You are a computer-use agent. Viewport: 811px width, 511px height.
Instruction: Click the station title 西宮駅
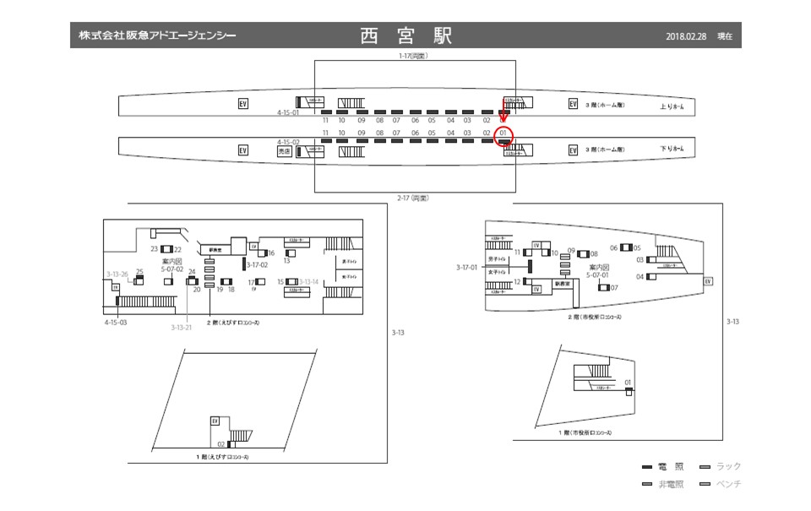405,35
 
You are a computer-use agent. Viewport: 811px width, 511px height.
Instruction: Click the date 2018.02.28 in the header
685,36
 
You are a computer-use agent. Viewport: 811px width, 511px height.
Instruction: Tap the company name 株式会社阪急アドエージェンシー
157,35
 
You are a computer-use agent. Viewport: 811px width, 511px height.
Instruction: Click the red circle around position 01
504,135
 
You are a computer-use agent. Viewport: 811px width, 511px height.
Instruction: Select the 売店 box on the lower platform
285,151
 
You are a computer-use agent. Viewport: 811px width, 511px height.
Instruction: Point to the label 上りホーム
672,106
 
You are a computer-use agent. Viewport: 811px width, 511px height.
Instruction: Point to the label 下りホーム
672,149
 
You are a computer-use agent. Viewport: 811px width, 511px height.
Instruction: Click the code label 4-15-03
116,323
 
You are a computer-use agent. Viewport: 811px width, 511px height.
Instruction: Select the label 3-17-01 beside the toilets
466,267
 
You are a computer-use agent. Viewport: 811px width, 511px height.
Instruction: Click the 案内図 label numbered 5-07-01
600,271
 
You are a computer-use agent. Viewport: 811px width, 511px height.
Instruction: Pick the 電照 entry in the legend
665,466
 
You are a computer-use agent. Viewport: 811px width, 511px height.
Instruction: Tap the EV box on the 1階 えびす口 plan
215,421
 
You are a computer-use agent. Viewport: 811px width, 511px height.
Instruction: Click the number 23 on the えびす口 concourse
155,249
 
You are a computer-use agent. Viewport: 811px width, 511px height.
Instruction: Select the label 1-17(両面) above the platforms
414,56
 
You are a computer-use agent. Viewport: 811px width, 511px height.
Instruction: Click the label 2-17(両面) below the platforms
414,198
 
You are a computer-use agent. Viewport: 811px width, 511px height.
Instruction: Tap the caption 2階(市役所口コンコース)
595,318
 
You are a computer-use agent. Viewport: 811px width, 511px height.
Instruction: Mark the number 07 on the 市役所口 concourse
614,288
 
